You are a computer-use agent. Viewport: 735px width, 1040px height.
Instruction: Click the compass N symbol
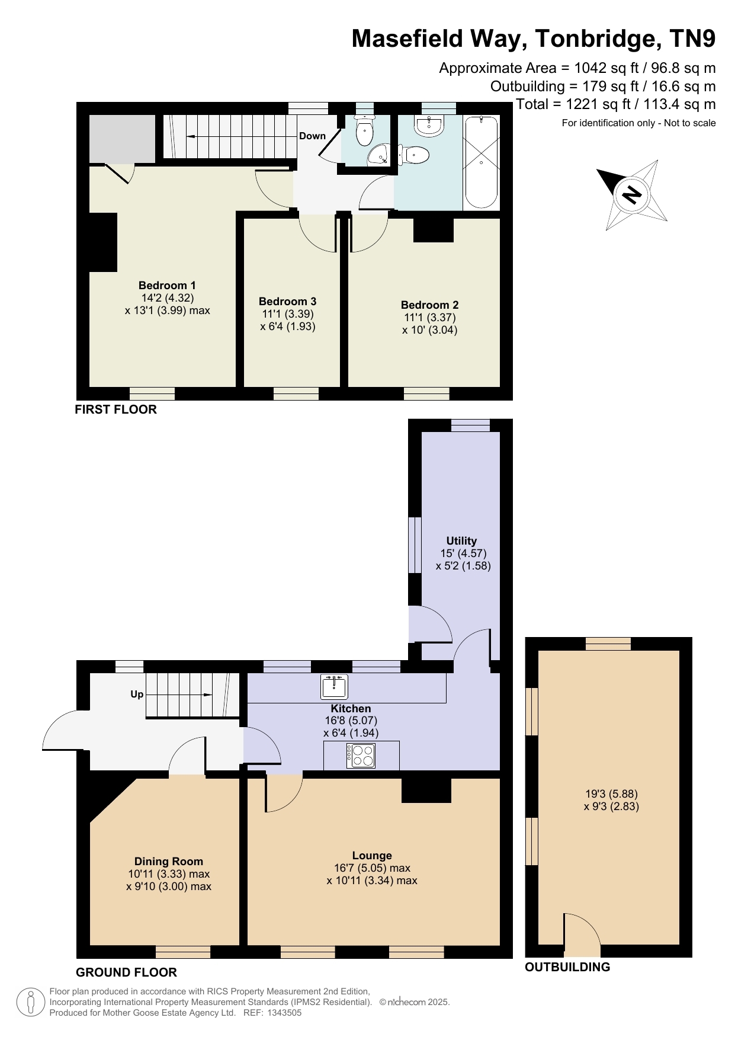point(632,194)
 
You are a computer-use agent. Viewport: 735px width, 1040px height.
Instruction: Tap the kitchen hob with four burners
point(361,756)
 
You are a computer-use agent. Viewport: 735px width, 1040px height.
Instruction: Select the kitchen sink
point(335,686)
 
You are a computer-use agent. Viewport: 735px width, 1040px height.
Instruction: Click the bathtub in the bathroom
point(481,162)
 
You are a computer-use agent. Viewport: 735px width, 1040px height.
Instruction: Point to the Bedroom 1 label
point(167,285)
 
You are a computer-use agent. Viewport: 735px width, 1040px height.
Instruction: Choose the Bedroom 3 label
point(287,301)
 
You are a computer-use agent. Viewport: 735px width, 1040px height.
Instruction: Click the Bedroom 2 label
point(429,305)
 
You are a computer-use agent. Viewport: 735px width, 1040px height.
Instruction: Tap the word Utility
point(461,540)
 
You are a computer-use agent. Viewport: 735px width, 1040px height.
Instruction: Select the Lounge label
point(372,855)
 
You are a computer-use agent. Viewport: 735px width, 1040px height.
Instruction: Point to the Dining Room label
point(169,861)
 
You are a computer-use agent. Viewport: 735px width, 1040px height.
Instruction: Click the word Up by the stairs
point(137,695)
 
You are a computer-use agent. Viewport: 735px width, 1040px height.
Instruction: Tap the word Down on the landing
point(312,136)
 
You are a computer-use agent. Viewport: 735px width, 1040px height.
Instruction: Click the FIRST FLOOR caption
point(115,409)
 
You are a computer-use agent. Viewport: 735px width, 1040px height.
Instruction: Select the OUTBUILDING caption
point(567,967)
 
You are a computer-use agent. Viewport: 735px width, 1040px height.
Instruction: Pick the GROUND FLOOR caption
point(126,972)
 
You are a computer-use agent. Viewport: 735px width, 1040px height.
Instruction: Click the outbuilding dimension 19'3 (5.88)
point(611,793)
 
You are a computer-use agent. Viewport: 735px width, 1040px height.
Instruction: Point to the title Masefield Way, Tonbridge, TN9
point(534,39)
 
